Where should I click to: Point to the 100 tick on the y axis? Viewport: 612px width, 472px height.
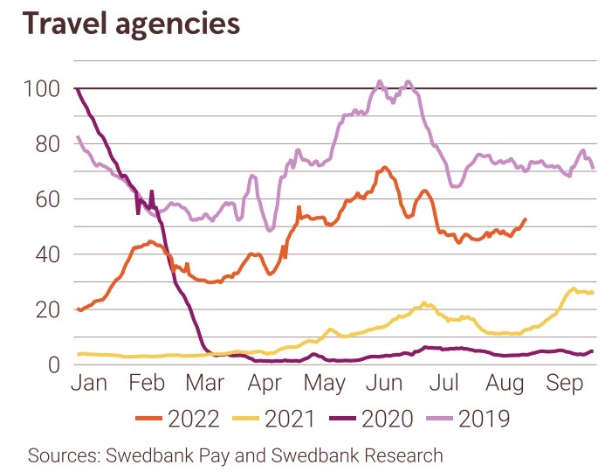click(x=41, y=88)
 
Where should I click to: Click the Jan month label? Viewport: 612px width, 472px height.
click(x=88, y=385)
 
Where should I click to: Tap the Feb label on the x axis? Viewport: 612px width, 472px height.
click(x=147, y=385)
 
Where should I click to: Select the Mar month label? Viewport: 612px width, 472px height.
click(x=205, y=385)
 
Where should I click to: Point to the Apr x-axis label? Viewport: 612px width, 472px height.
click(x=265, y=385)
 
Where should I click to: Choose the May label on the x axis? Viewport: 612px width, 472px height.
click(x=325, y=385)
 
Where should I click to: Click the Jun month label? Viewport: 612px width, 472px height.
click(x=385, y=385)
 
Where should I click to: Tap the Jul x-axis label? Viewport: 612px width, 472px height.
click(x=445, y=385)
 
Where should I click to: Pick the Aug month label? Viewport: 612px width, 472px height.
click(x=505, y=385)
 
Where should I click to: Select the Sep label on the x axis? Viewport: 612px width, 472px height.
click(x=565, y=385)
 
